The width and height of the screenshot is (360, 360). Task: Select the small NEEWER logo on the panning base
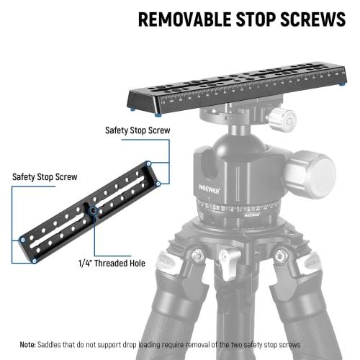(x=251, y=214)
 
